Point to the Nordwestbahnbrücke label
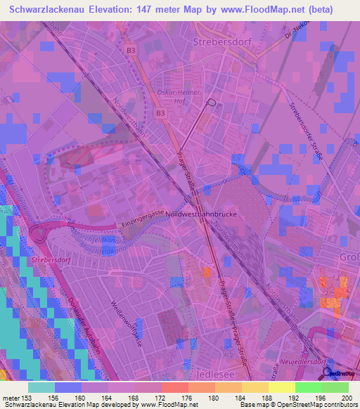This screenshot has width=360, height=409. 205,213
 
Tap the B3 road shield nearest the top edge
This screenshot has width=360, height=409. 131,50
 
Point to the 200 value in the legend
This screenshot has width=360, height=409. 345,398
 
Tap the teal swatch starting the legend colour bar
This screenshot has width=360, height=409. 41,387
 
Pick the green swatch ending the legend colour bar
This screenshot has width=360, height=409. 335,387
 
